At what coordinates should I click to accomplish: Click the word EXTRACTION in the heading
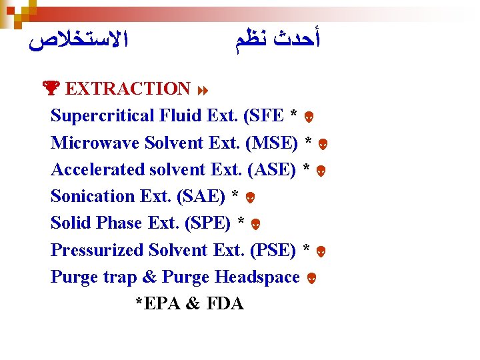pos(129,89)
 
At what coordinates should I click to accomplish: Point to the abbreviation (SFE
pos(265,116)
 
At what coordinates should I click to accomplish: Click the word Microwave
pos(97,143)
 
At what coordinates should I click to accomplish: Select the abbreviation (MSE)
pos(271,143)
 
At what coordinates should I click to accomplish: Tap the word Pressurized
pos(97,250)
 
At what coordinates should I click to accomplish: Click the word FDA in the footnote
pos(225,304)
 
